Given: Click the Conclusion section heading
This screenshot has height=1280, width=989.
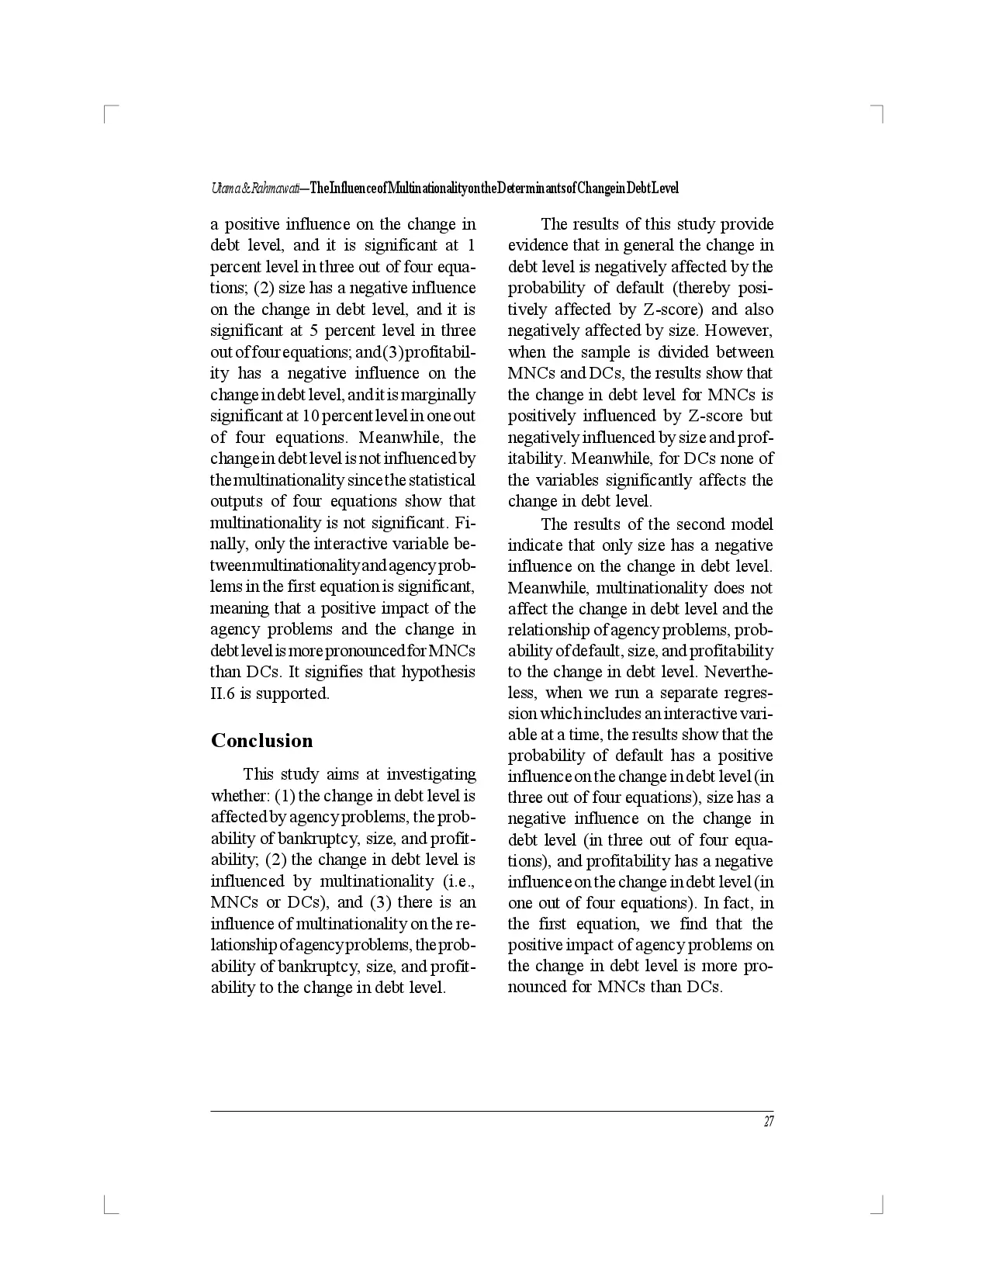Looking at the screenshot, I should tap(261, 741).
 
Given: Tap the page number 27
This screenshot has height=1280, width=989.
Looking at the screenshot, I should tap(769, 1122).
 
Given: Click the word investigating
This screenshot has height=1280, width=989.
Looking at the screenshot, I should tap(431, 774).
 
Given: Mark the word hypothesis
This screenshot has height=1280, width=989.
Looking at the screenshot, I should tap(437, 672).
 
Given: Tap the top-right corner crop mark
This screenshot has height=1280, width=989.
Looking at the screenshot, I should tap(880, 109).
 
